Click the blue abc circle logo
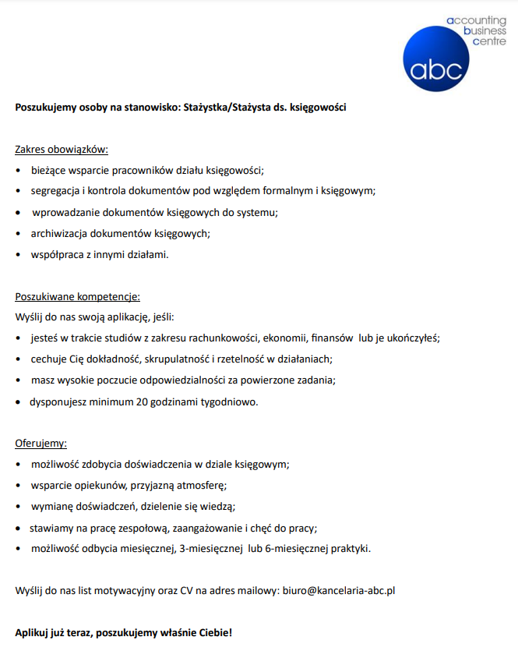click(x=437, y=58)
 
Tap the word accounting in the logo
click(x=476, y=20)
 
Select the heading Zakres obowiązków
click(x=62, y=149)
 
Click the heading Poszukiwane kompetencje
click(x=78, y=296)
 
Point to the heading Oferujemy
click(x=41, y=444)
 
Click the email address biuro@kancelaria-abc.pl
click(x=337, y=591)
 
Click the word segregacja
click(x=57, y=190)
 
